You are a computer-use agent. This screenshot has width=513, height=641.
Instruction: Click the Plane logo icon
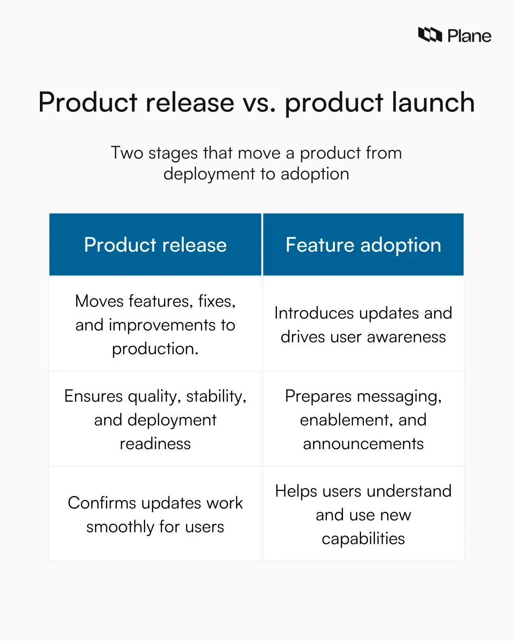(x=430, y=35)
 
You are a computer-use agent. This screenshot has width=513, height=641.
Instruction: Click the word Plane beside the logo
(x=469, y=36)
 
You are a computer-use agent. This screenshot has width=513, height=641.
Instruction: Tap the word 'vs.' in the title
(x=259, y=103)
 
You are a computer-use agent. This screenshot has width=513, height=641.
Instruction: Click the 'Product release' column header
(x=155, y=245)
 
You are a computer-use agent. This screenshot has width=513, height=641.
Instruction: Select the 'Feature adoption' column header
(x=363, y=245)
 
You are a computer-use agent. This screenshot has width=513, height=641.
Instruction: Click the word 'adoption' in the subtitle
(x=315, y=174)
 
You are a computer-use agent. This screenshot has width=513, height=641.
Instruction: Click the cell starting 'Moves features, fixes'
(x=155, y=324)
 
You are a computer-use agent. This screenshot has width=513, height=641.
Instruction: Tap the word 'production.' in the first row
(x=155, y=349)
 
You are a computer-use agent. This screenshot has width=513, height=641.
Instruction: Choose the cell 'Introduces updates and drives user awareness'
(x=363, y=324)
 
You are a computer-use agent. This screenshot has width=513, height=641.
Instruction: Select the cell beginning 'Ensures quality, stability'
(x=155, y=419)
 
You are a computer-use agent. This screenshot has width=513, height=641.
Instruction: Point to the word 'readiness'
(x=155, y=443)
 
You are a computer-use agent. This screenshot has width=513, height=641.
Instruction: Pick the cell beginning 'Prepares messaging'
(x=363, y=419)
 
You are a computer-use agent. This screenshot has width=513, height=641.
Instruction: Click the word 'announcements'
(x=363, y=443)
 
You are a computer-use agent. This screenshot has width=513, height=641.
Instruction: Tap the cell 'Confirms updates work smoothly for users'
(x=155, y=514)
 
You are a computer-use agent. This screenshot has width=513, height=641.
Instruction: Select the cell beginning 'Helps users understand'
(x=363, y=514)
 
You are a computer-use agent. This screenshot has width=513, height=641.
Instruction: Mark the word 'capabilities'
(x=363, y=539)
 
